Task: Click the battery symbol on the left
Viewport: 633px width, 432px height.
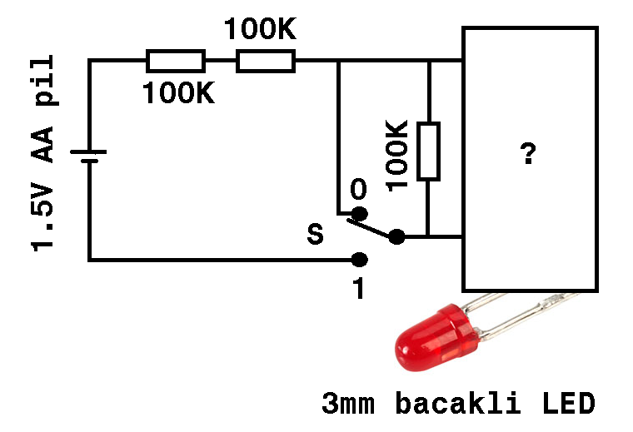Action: click(90, 156)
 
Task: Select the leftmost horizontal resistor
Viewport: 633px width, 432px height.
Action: click(175, 61)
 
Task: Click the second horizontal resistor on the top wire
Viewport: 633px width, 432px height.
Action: click(266, 61)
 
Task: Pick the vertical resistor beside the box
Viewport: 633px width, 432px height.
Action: click(428, 151)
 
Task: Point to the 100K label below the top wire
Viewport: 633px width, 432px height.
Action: click(177, 92)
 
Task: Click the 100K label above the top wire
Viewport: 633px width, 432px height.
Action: click(259, 30)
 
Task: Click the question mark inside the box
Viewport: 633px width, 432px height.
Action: click(528, 154)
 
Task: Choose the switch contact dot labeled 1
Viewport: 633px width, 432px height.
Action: click(359, 260)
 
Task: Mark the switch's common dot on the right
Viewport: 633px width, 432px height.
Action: click(396, 237)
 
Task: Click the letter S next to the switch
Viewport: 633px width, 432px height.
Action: click(316, 234)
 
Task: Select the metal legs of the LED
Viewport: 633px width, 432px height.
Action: click(521, 312)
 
